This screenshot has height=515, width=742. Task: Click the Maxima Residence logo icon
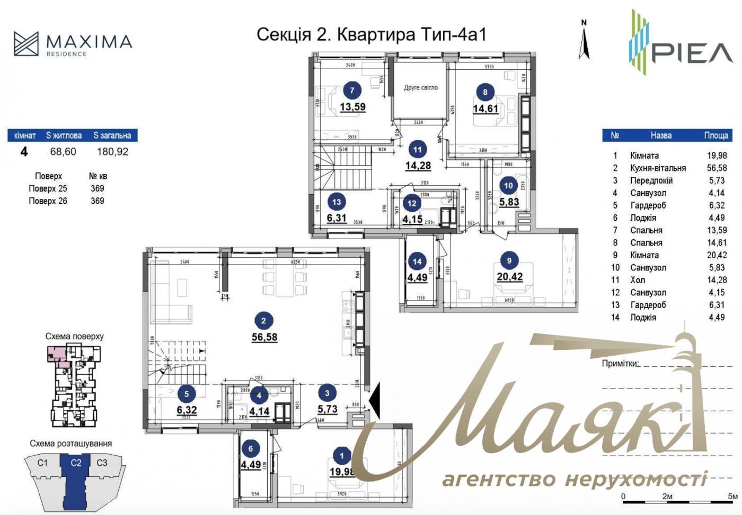tap(26, 43)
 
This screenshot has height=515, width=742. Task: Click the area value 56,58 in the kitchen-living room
tap(264, 337)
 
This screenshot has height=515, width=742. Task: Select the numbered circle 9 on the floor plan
tap(509, 260)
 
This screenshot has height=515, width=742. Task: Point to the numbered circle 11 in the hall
tap(417, 150)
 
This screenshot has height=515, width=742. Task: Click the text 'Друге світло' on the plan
tap(421, 88)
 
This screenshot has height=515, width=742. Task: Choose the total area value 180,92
tap(112, 152)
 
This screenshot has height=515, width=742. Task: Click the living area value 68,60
tap(63, 152)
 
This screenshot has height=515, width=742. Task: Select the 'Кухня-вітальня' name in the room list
tap(657, 168)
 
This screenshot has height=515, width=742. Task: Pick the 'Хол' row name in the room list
tap(637, 281)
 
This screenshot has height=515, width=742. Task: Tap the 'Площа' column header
tap(715, 135)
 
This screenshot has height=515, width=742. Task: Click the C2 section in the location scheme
tap(76, 463)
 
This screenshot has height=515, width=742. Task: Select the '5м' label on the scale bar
tap(732, 497)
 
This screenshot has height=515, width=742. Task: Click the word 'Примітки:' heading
tap(620, 364)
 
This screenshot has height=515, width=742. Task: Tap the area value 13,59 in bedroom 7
tap(352, 107)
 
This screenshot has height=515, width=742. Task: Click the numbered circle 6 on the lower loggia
tap(251, 449)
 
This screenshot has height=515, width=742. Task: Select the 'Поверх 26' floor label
tap(48, 201)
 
